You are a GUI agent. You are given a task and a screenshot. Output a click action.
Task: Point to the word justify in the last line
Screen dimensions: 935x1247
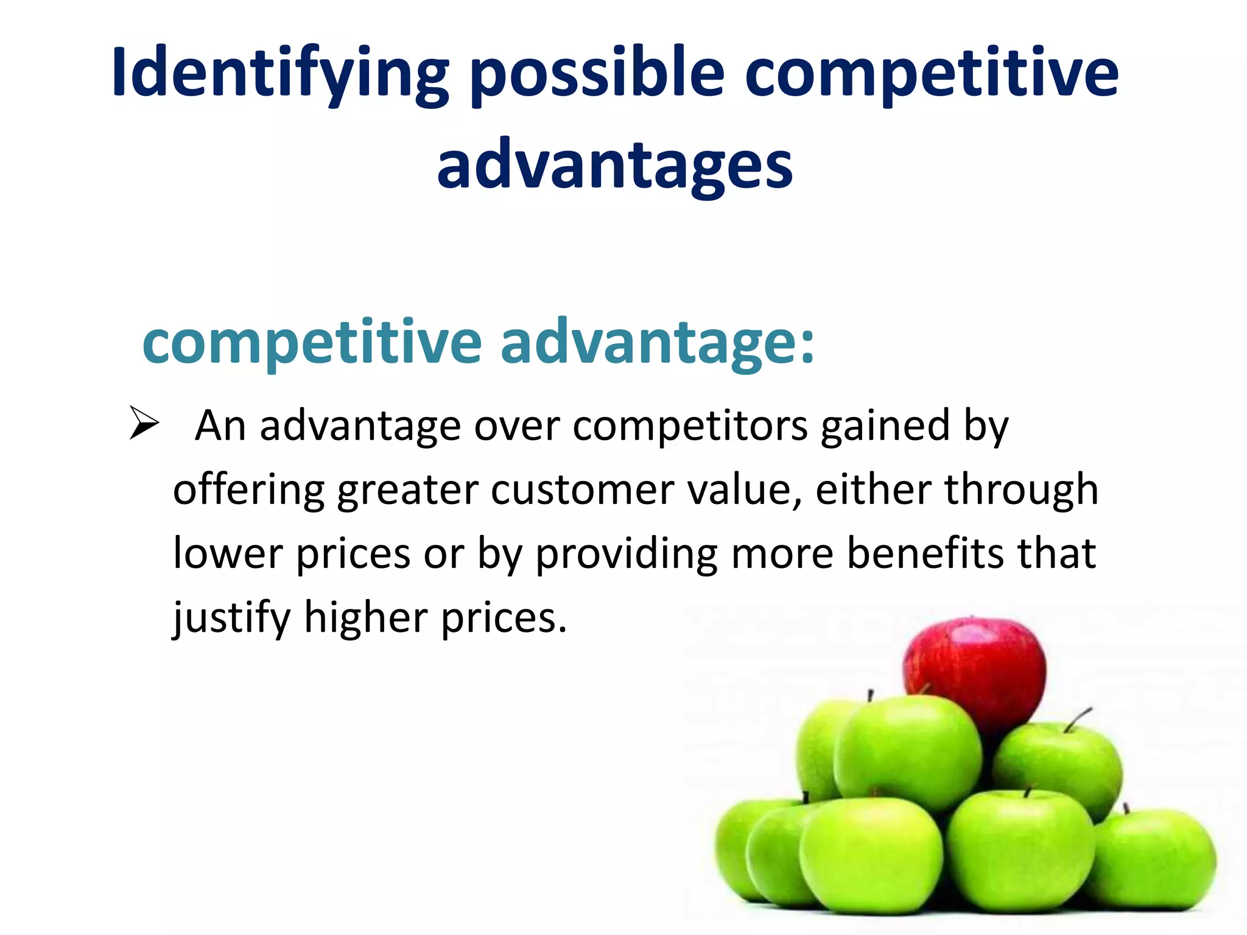[232, 618]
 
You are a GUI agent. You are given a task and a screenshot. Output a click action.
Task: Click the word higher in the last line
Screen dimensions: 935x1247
[366, 618]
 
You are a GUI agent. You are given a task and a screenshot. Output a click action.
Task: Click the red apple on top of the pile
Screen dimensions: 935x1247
[975, 670]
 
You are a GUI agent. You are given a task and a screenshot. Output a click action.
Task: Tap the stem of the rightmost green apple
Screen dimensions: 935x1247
[1126, 808]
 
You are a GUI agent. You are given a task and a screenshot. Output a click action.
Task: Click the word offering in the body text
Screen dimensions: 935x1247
[249, 490]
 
